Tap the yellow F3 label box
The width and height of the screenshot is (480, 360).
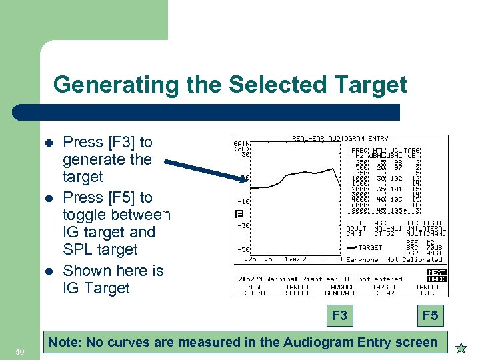pyautogui.click(x=339, y=315)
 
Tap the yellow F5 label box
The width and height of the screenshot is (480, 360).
pyautogui.click(x=431, y=315)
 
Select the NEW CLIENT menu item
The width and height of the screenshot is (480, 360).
pyautogui.click(x=254, y=290)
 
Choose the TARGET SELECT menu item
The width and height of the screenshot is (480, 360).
pyautogui.click(x=297, y=290)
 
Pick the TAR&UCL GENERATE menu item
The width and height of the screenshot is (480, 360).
pyautogui.click(x=341, y=290)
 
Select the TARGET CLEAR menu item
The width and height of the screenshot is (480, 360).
pyautogui.click(x=384, y=290)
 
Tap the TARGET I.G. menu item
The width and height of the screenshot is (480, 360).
pyautogui.click(x=427, y=290)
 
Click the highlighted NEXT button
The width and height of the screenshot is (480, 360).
pyautogui.click(x=437, y=273)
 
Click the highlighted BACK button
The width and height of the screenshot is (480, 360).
pyautogui.click(x=437, y=279)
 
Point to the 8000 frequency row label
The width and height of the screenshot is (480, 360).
pyautogui.click(x=361, y=211)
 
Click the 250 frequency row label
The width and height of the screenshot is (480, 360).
pyautogui.click(x=362, y=162)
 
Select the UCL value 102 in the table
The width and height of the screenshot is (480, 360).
pyautogui.click(x=396, y=178)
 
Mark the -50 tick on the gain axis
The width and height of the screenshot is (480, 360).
pyautogui.click(x=244, y=249)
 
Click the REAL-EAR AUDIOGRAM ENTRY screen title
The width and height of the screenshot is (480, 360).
pyautogui.click(x=340, y=139)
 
